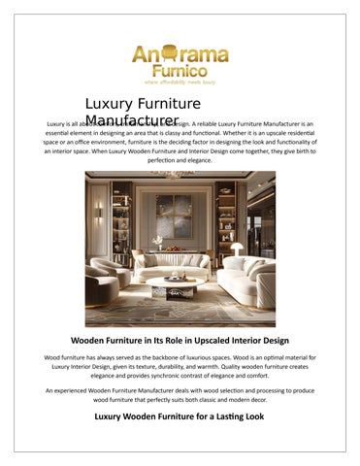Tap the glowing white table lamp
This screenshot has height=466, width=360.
pyautogui.click(x=236, y=250)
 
